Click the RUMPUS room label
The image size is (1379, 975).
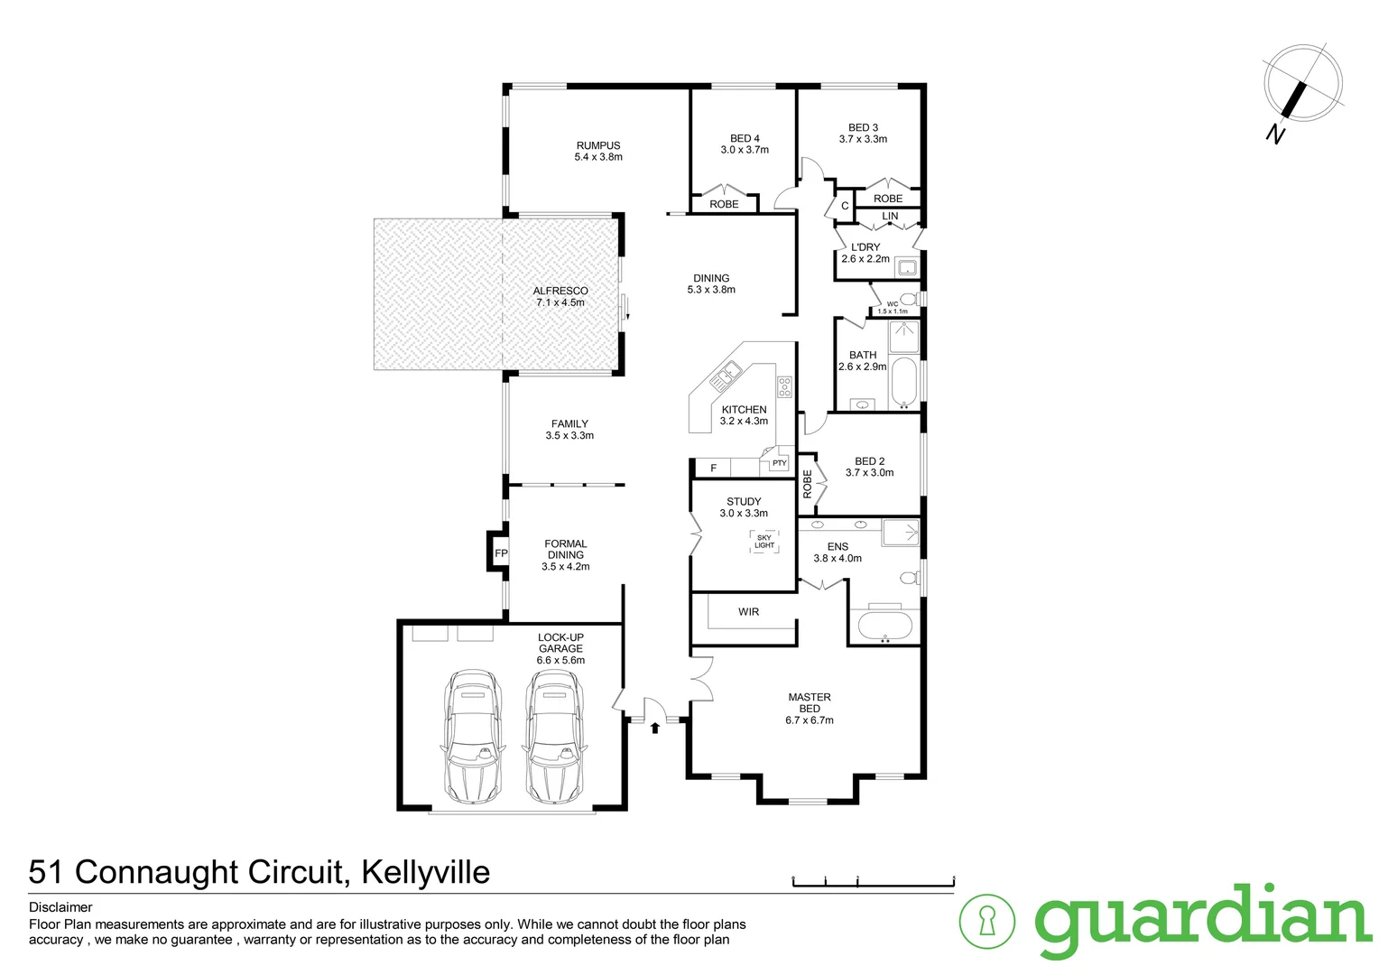tap(598, 145)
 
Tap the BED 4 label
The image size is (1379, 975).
tap(745, 138)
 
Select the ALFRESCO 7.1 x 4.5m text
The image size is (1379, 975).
tap(560, 297)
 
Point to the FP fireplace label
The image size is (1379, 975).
tap(501, 553)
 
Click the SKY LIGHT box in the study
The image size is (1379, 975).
tap(764, 542)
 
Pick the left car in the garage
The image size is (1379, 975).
tap(471, 736)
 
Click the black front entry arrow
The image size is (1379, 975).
tap(655, 727)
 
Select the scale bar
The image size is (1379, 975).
tap(873, 882)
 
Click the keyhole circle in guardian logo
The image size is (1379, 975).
tap(986, 922)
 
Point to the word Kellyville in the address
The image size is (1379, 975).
tap(425, 872)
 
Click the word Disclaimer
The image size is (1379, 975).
tap(60, 907)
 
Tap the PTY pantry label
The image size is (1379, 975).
tap(779, 463)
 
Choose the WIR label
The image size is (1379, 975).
tap(749, 612)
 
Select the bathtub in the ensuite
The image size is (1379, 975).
tap(884, 626)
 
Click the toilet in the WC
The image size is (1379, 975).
tap(908, 299)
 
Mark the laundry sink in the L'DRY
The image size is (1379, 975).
tap(906, 267)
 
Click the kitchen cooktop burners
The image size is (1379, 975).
tap(785, 387)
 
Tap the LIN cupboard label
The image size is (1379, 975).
tap(890, 217)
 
